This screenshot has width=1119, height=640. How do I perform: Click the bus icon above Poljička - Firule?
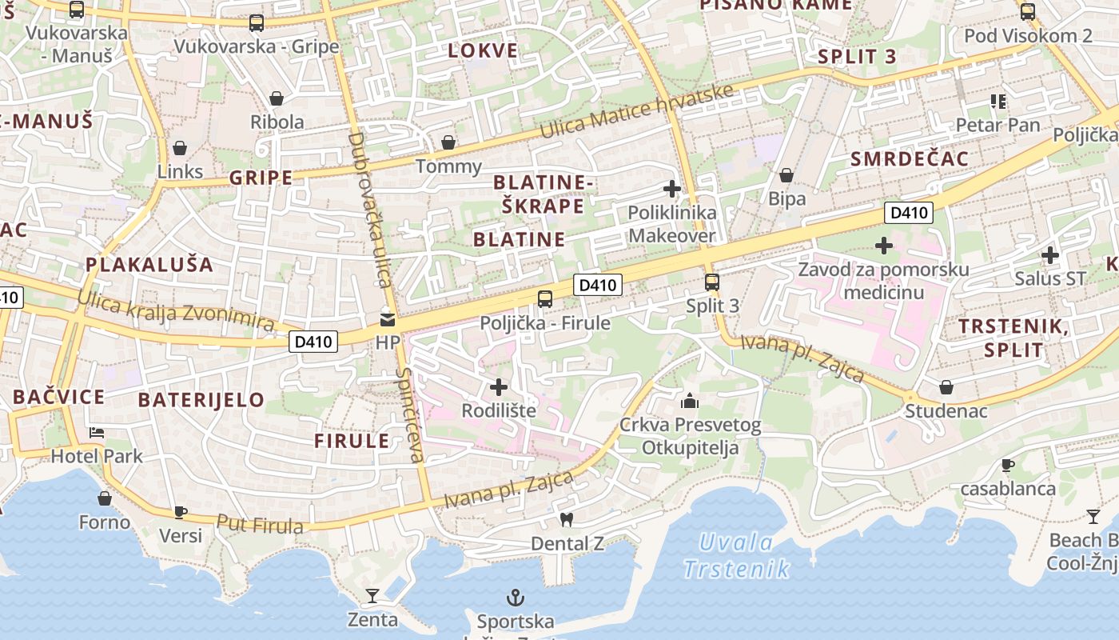tap(545, 299)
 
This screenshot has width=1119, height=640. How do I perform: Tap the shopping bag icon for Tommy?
tap(448, 142)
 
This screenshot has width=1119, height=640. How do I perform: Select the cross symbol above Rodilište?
tap(499, 387)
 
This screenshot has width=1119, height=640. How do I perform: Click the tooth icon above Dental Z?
tap(567, 519)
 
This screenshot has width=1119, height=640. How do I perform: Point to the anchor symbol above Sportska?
tap(516, 597)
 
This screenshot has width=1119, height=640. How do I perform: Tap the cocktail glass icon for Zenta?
tap(372, 595)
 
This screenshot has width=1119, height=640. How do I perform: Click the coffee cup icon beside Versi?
tap(181, 512)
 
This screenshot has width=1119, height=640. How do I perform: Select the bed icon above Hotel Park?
tap(97, 432)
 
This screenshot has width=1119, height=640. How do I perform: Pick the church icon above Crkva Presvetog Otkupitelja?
tap(690, 400)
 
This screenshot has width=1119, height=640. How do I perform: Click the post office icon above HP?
tap(388, 318)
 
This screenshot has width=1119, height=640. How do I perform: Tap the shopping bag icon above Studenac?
tap(946, 387)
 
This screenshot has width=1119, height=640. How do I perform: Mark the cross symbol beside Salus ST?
tap(1050, 255)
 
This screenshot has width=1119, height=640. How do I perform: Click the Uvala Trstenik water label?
tap(736, 556)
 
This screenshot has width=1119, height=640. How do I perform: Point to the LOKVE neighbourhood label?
tap(483, 51)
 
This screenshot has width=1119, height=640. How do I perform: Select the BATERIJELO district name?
tap(201, 400)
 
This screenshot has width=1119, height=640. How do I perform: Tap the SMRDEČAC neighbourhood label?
tap(910, 158)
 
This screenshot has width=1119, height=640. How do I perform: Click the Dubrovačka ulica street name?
tap(368, 210)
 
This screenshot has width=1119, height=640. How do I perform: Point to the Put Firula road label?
tap(260, 525)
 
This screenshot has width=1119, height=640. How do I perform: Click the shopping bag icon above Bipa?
tap(786, 175)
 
